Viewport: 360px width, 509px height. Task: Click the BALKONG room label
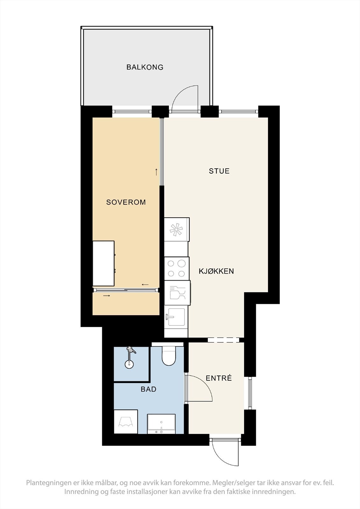(145, 67)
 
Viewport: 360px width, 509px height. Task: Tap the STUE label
(219, 171)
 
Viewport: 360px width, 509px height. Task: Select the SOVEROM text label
(126, 202)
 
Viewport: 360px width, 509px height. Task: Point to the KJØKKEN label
(216, 271)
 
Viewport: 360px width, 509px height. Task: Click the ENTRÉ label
(219, 378)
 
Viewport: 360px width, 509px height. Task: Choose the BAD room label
(149, 389)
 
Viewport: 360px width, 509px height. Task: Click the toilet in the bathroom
(169, 356)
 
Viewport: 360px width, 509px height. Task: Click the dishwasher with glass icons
(177, 293)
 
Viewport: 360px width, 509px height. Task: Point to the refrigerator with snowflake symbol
(177, 229)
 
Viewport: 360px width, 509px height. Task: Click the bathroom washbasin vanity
(161, 423)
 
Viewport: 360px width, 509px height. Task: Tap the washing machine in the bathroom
(126, 421)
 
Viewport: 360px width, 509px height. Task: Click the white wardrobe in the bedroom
(103, 263)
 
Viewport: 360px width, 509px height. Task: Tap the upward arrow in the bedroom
(156, 172)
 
